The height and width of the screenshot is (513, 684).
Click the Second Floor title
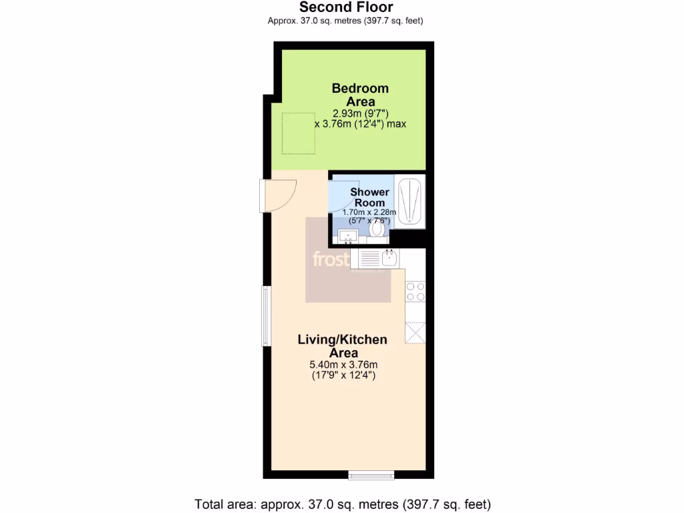[345, 7]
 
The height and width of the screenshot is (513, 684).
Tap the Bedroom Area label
[360, 94]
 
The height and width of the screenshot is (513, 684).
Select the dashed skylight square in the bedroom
[297, 132]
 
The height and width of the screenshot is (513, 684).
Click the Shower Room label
[369, 197]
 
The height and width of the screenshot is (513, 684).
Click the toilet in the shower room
[377, 229]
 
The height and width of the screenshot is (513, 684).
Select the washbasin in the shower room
[348, 235]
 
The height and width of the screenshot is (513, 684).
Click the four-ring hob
[415, 291]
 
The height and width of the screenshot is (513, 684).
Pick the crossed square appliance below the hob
[415, 333]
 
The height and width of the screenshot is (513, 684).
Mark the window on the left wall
[266, 316]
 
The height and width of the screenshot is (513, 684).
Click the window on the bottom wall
[371, 476]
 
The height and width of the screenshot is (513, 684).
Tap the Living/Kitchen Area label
[342, 346]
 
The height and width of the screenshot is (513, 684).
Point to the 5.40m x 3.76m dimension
[343, 365]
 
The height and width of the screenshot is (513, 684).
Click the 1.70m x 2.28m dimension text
[369, 212]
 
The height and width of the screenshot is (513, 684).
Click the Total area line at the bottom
[342, 503]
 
